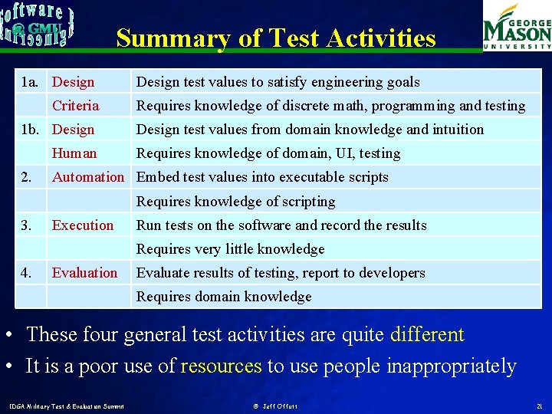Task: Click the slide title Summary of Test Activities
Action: coord(276,38)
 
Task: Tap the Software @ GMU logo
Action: coord(37,25)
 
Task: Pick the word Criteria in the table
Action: coord(75,106)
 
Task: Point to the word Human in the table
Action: coord(74,153)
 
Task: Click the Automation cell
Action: coord(87,177)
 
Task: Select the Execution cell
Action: coord(82,225)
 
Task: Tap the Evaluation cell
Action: coord(84,273)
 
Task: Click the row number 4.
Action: coord(26,273)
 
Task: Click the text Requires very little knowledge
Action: coord(230,249)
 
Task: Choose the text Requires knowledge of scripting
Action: coord(235,202)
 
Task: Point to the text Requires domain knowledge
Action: coord(224,297)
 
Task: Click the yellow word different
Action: coord(427,334)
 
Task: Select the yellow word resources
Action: coord(221,366)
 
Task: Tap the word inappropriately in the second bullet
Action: coord(451,366)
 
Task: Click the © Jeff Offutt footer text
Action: coord(275,405)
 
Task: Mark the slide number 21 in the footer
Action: coord(539,405)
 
